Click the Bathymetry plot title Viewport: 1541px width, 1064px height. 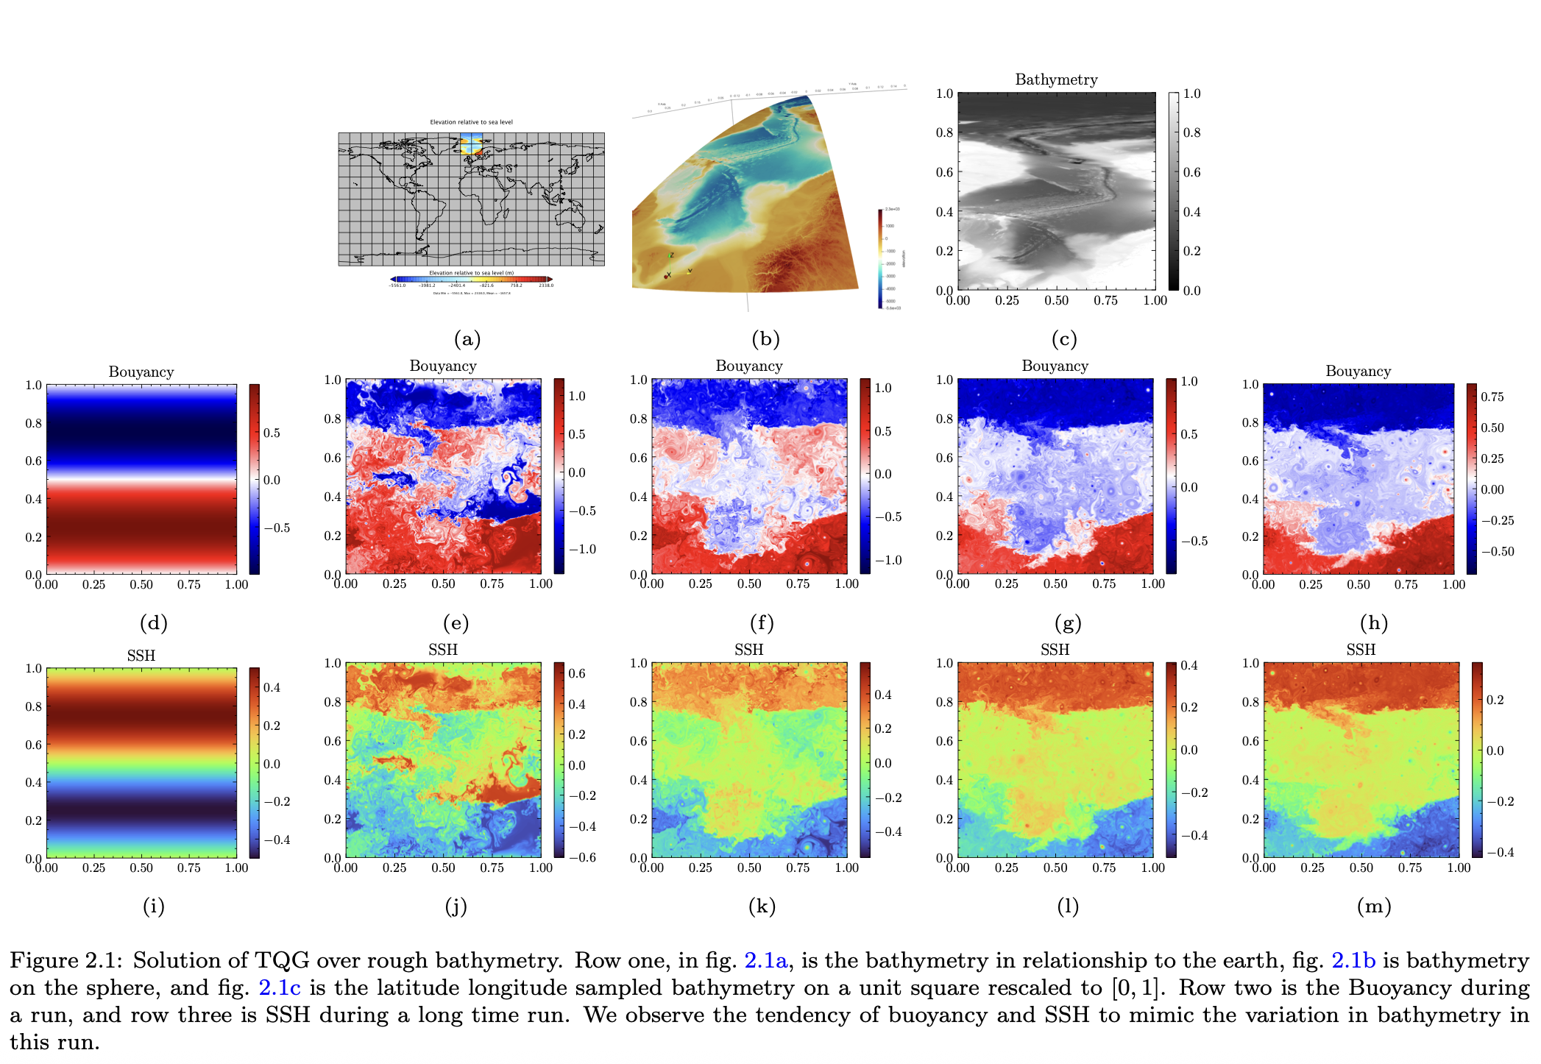coord(1056,79)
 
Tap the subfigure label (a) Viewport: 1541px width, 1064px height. coord(467,339)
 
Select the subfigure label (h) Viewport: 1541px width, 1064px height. coord(1374,623)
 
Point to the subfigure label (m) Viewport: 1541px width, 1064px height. coord(1374,907)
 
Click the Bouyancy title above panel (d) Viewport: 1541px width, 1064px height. coord(141,372)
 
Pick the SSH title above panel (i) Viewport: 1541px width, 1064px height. coord(141,656)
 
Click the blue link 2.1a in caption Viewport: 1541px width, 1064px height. coord(765,961)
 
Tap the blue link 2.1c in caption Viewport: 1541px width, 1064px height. coord(280,988)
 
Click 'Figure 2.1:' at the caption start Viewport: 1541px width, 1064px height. coord(66,961)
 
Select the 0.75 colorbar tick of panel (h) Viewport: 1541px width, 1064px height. coord(1492,397)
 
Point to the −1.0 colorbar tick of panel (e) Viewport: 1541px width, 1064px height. coord(581,550)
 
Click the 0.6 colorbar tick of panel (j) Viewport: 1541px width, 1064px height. coord(577,673)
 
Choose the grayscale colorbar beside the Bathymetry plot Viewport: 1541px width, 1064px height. coord(1173,191)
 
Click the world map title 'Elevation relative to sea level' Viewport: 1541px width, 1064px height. coord(471,122)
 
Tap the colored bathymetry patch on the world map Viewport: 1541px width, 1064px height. coord(471,144)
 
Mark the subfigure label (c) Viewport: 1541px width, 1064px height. coord(1064,339)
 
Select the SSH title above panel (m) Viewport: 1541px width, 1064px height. coord(1361,650)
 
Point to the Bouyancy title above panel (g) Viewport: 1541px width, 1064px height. coord(1055,366)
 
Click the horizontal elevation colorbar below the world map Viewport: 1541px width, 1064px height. coord(471,279)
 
